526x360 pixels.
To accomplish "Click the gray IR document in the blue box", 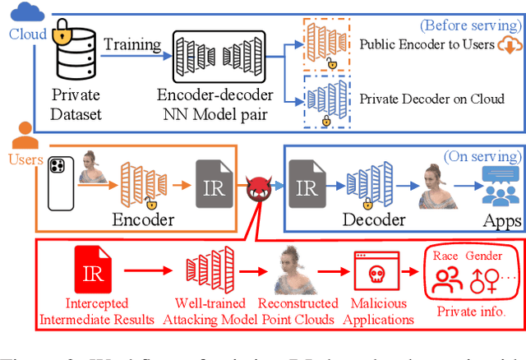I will (306, 188).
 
